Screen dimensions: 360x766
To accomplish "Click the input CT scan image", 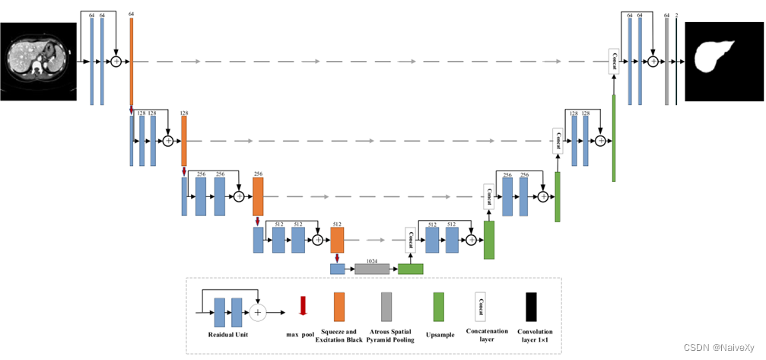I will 39,61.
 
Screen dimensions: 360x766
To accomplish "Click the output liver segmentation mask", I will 723,61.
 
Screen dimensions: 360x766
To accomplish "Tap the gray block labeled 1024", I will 371,269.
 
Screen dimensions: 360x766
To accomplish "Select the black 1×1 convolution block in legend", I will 530,307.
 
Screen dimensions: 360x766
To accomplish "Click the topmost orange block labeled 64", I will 132,61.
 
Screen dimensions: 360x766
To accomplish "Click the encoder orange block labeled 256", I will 258,196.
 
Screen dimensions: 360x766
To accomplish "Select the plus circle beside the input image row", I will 116,61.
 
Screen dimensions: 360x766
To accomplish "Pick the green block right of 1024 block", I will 411,269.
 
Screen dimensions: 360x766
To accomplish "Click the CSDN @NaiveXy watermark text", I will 718,347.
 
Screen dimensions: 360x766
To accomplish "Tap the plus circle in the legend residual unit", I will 257,312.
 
